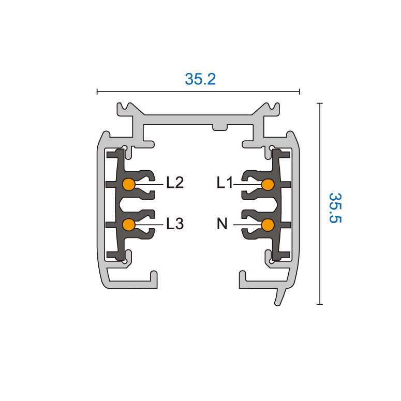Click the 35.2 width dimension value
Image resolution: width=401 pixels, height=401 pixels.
point(200,79)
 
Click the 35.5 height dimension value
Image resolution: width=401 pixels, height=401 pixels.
point(336,207)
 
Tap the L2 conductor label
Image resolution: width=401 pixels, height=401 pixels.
point(175,183)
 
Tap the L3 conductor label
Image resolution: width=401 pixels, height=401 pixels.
point(175,224)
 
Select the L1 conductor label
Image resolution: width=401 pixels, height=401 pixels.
point(226,183)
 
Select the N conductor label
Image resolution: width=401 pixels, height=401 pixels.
point(222,224)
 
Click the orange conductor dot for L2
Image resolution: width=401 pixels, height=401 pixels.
point(128,184)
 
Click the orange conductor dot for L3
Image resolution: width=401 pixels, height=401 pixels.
point(128,225)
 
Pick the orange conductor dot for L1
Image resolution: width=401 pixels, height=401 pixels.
point(268,184)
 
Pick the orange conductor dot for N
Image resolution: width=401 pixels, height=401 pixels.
point(268,225)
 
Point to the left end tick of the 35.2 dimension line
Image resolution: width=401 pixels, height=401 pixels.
point(97,92)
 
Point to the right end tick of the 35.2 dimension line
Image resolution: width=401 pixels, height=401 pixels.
point(300,92)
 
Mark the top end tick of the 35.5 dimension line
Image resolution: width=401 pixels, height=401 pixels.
point(320,103)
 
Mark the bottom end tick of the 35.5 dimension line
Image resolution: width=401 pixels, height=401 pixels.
point(320,304)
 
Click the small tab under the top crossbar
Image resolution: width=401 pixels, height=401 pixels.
point(220,127)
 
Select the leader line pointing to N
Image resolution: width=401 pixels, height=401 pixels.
point(247,225)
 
